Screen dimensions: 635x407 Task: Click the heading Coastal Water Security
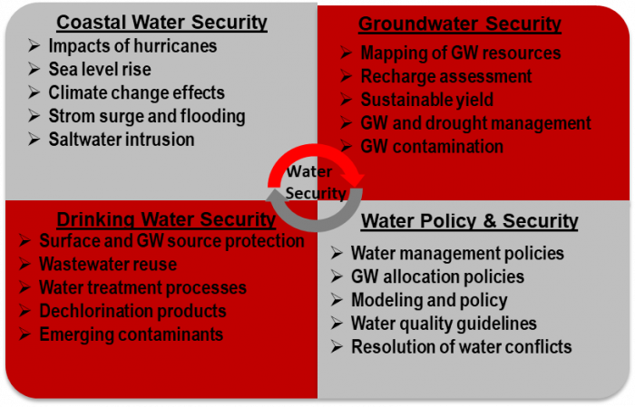click(x=161, y=23)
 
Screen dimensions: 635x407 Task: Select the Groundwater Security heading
click(x=460, y=24)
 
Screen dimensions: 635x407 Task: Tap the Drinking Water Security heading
click(x=166, y=219)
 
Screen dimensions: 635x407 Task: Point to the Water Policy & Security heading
click(x=469, y=221)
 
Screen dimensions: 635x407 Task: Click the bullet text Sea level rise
click(x=100, y=69)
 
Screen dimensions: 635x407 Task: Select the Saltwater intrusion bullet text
click(x=122, y=140)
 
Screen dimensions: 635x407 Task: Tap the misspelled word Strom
click(x=64, y=116)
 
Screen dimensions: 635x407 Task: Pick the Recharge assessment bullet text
click(x=446, y=76)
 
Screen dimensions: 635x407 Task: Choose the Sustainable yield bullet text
click(x=427, y=100)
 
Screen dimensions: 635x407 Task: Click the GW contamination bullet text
click(x=432, y=147)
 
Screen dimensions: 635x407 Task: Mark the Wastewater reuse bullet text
click(x=108, y=264)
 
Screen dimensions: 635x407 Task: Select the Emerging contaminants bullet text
click(x=132, y=334)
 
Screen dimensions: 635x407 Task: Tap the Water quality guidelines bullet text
click(x=444, y=324)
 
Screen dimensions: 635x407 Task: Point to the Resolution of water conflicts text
click(x=461, y=346)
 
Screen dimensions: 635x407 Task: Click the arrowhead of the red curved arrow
click(x=356, y=177)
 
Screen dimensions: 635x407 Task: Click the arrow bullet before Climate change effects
click(x=34, y=92)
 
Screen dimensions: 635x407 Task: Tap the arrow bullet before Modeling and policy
click(x=337, y=300)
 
